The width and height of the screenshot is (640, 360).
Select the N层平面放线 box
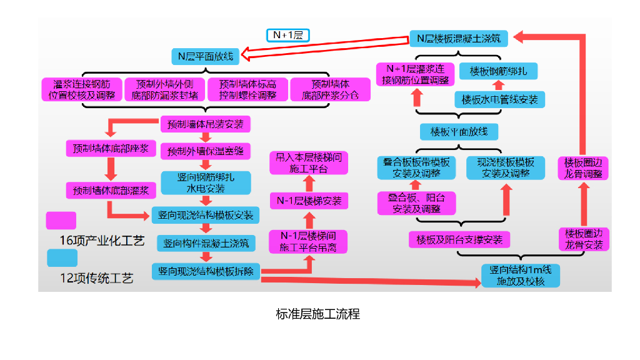(x=205, y=56)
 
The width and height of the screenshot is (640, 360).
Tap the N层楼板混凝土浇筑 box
(x=459, y=38)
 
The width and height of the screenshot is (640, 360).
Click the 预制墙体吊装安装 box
(x=206, y=124)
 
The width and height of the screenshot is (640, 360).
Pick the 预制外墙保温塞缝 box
(x=206, y=151)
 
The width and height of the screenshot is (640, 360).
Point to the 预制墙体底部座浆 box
(x=111, y=149)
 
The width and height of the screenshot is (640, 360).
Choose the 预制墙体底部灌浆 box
(x=111, y=190)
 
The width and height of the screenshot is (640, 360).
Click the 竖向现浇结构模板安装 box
(x=206, y=216)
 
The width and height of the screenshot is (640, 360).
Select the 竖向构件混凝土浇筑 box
(x=206, y=243)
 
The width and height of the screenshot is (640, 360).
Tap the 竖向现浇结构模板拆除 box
(x=206, y=271)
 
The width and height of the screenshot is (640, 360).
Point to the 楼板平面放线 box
(x=459, y=132)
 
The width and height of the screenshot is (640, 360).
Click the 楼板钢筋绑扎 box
(x=498, y=71)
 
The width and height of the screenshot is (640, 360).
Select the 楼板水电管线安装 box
(x=499, y=99)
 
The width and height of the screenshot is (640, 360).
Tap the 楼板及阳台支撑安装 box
(x=459, y=239)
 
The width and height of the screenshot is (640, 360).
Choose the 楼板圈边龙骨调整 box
(x=582, y=168)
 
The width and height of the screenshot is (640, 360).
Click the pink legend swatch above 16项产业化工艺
(x=61, y=221)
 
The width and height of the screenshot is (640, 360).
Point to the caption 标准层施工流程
(x=317, y=314)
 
